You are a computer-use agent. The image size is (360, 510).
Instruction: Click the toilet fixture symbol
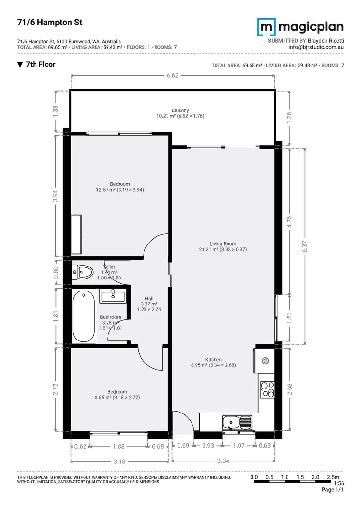point(82,272)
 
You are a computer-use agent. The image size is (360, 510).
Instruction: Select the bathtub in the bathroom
point(84,316)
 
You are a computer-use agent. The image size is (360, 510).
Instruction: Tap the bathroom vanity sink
point(113,296)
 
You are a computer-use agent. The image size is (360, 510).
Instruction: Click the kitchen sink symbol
point(237,423)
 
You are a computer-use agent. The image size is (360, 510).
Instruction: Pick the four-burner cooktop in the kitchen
point(266,389)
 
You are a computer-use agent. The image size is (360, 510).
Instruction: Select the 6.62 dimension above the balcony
point(172,75)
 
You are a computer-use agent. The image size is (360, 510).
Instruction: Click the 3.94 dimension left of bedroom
point(56,196)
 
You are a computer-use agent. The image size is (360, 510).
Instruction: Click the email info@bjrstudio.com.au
point(315,47)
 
